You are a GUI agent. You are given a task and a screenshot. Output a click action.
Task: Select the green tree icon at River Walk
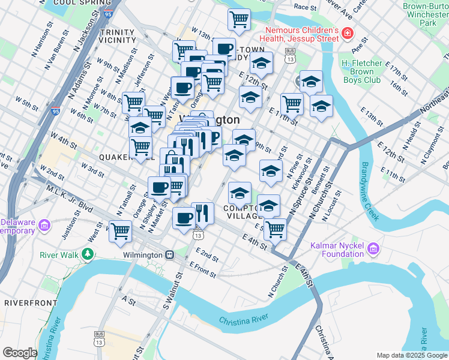point(88,254)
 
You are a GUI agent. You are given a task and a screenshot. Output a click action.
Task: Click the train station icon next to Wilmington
point(170,254)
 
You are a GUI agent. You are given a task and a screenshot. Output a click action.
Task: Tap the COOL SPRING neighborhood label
point(76,3)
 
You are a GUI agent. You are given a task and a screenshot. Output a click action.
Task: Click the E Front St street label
point(202,269)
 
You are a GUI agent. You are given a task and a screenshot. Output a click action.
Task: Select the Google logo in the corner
point(20,353)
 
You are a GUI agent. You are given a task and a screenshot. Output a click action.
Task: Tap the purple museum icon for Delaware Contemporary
point(43,226)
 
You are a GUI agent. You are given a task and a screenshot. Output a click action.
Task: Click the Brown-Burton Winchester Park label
point(427,14)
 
